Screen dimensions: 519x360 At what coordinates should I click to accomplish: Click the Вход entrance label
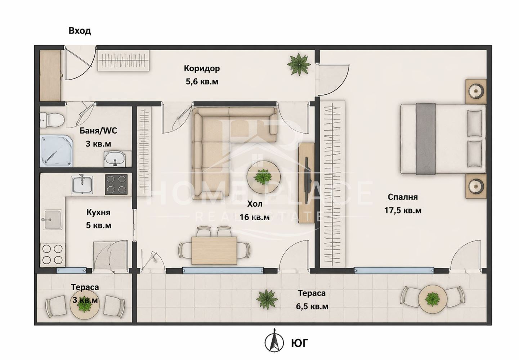pos(80,31)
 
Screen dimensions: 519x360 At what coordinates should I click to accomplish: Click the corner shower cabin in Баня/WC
pos(56,152)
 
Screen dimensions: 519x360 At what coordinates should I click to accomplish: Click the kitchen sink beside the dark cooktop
pos(82,185)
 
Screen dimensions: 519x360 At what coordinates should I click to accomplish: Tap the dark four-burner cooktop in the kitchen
pos(116,184)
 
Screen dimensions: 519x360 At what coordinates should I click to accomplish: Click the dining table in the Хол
pos(214,251)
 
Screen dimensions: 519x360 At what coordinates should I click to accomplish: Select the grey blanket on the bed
pos(426,139)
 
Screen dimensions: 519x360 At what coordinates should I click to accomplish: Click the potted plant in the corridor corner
pos(299,64)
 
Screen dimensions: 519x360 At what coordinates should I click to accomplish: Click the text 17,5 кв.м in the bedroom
pos(403,210)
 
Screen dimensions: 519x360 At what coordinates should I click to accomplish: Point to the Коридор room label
pos(202,68)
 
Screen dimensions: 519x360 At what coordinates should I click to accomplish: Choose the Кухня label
pos(98,213)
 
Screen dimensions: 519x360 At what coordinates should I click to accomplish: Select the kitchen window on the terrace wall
pos(71,271)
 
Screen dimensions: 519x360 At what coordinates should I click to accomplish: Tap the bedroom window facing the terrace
pos(394,270)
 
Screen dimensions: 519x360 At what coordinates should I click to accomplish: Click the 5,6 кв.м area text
pos(202,82)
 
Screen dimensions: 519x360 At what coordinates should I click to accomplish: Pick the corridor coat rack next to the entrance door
pos(123,60)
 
